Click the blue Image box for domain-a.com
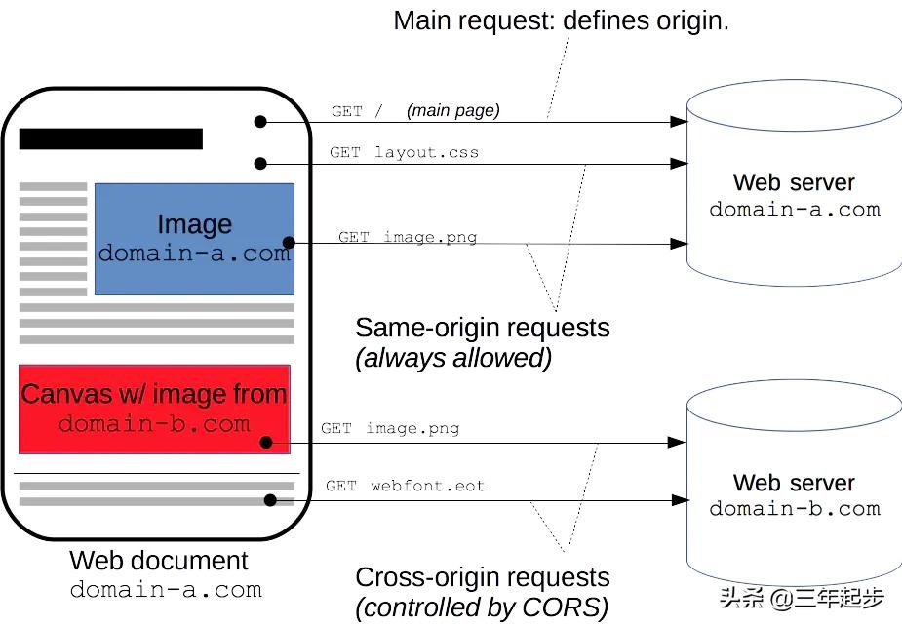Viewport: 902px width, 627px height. pyautogui.click(x=194, y=239)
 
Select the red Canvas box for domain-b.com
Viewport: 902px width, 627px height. pyautogui.click(x=154, y=410)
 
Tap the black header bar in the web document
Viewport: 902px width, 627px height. pyautogui.click(x=111, y=138)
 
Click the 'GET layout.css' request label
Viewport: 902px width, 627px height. pyautogui.click(x=404, y=152)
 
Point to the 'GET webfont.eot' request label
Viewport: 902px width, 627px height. pyautogui.click(x=405, y=486)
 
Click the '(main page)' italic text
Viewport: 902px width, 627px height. pyautogui.click(x=452, y=110)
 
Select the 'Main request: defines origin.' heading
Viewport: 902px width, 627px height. pyautogui.click(x=561, y=20)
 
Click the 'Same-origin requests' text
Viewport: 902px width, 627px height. pyautogui.click(x=482, y=328)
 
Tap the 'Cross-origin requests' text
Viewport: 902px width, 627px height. pyautogui.click(x=482, y=577)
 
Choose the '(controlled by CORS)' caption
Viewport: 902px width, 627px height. pyautogui.click(x=482, y=607)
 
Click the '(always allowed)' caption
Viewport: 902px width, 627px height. pyautogui.click(x=453, y=358)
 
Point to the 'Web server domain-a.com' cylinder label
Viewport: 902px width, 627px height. pyautogui.click(x=794, y=196)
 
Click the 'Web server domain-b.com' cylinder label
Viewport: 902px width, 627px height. pyautogui.click(x=794, y=495)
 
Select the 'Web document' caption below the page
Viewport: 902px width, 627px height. pyautogui.click(x=159, y=561)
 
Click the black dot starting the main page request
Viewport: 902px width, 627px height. pyautogui.click(x=260, y=122)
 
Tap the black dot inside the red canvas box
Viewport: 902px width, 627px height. pyautogui.click(x=266, y=443)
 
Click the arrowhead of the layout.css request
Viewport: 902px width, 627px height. pyautogui.click(x=680, y=163)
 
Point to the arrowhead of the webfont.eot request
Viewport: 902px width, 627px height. pyautogui.click(x=680, y=500)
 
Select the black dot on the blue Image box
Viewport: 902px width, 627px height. pyautogui.click(x=288, y=243)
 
